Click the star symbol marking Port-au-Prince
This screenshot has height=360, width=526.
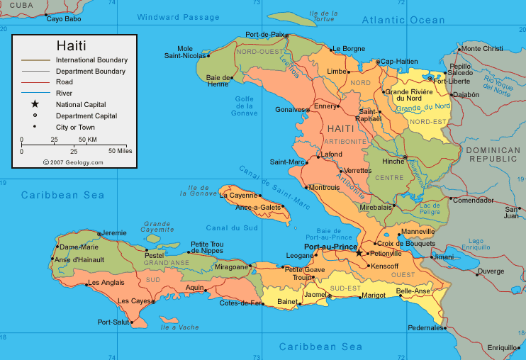point(359,253)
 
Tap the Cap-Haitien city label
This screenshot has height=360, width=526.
point(400,62)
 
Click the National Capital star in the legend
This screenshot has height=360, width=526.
point(35,104)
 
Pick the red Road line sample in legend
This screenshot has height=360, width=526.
point(35,82)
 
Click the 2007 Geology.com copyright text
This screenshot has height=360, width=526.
point(73,162)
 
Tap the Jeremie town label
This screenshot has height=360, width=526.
point(113,232)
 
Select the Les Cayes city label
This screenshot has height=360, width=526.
point(135,301)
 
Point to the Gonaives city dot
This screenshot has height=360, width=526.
point(308,110)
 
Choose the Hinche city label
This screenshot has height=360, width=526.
point(392,161)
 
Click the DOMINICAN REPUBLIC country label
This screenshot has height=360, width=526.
point(493,154)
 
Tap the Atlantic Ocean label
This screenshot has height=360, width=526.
point(403,21)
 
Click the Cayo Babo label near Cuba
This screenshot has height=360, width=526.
point(64,19)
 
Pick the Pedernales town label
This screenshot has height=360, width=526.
point(425,328)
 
